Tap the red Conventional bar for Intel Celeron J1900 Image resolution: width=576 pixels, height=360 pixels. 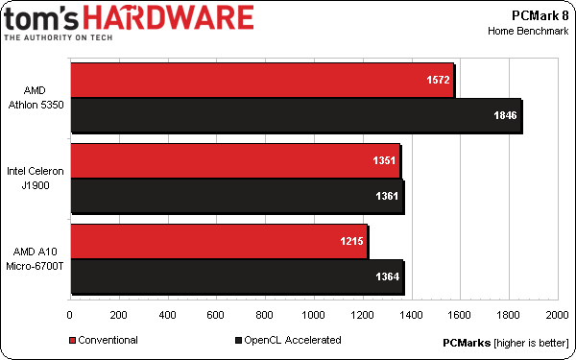click(x=234, y=161)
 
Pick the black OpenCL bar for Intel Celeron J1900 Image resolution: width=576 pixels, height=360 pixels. click(x=235, y=195)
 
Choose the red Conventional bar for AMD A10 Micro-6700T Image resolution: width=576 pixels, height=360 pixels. click(x=218, y=242)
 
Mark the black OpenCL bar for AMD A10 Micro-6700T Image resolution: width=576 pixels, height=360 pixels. click(x=236, y=276)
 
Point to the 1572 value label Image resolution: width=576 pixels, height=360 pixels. click(x=438, y=82)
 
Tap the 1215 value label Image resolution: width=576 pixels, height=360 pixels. click(x=350, y=242)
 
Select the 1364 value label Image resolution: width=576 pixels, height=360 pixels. click(x=388, y=276)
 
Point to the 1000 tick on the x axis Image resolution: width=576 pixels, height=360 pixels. click(x=313, y=315)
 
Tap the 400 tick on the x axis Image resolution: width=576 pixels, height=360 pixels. click(x=167, y=315)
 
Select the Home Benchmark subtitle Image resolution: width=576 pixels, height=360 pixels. click(x=527, y=31)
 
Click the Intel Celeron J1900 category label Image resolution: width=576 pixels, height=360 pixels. click(x=36, y=178)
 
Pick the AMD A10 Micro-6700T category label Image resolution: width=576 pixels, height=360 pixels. click(x=36, y=258)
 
